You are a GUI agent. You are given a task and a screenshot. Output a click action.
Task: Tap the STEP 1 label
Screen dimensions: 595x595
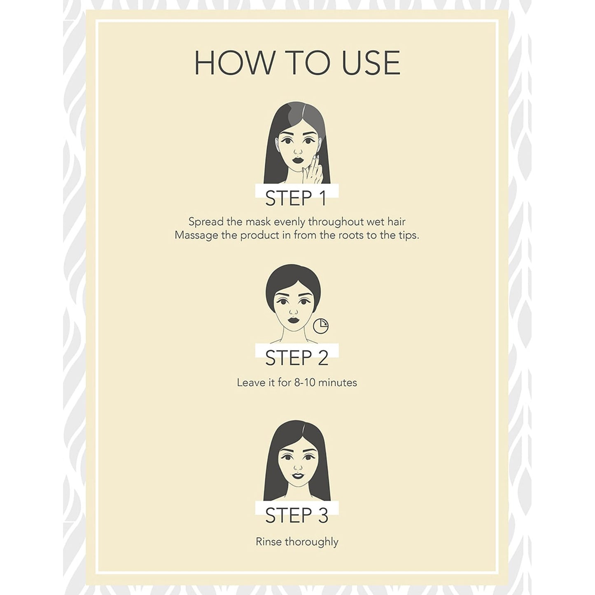pyautogui.click(x=296, y=198)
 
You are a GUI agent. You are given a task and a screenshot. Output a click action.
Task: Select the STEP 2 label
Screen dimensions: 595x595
pyautogui.click(x=297, y=358)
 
